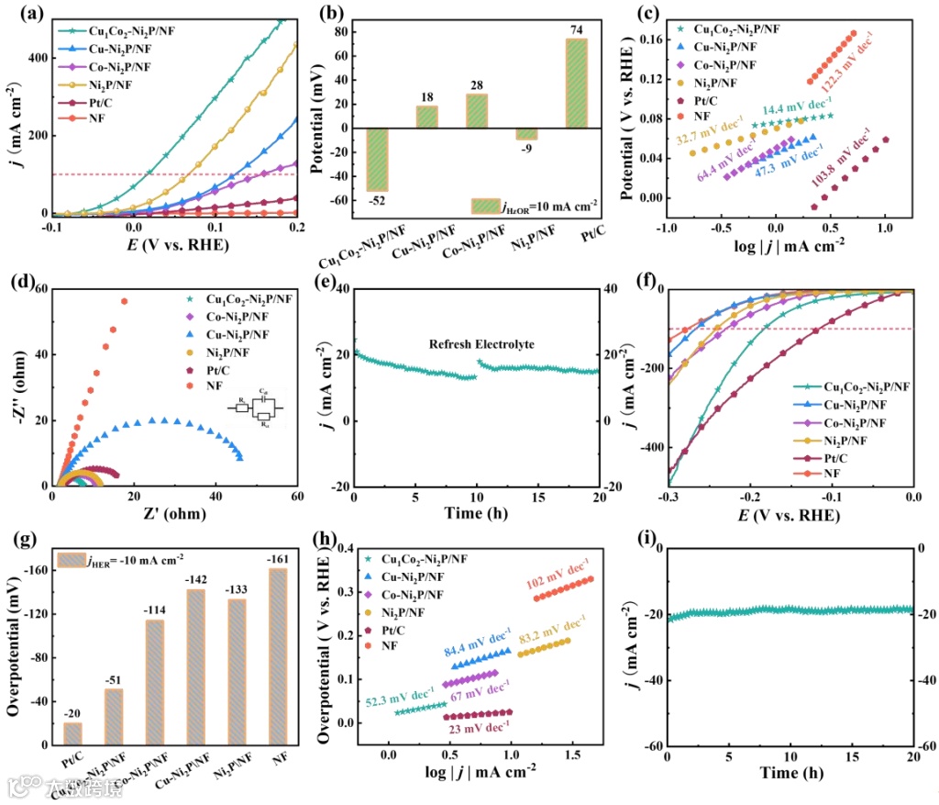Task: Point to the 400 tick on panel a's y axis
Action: point(39,57)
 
